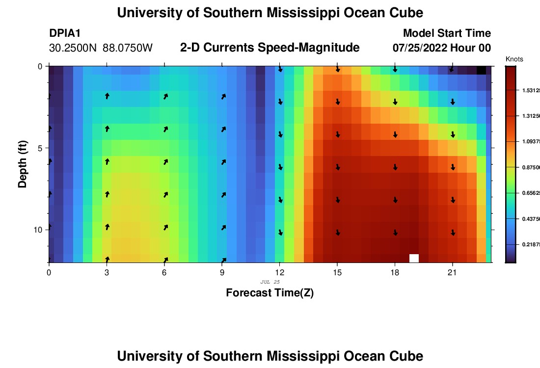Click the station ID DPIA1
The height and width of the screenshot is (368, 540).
pyautogui.click(x=65, y=33)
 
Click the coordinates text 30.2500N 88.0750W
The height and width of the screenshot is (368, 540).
pyautogui.click(x=101, y=48)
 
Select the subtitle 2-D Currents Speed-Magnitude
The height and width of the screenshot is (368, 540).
pyautogui.click(x=270, y=48)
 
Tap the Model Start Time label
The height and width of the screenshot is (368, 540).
pyautogui.click(x=447, y=33)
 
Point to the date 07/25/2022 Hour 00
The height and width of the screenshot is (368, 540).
pyautogui.click(x=442, y=48)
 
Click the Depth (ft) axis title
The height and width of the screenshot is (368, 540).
pyautogui.click(x=23, y=164)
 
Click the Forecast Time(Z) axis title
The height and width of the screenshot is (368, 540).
pyautogui.click(x=270, y=293)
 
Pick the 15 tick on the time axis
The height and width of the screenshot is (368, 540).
pyautogui.click(x=337, y=272)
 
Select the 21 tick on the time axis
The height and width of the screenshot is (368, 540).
pyautogui.click(x=453, y=272)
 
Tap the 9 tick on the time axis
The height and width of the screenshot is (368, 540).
pyautogui.click(x=222, y=272)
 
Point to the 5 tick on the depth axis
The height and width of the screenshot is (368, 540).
pyautogui.click(x=40, y=148)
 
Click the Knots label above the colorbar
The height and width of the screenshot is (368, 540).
pyautogui.click(x=514, y=59)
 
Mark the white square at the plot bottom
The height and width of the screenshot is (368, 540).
pyautogui.click(x=414, y=258)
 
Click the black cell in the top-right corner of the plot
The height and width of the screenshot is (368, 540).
pyautogui.click(x=482, y=70)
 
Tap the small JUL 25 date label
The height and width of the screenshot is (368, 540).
pyautogui.click(x=270, y=282)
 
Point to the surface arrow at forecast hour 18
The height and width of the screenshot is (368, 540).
pyautogui.click(x=395, y=70)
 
